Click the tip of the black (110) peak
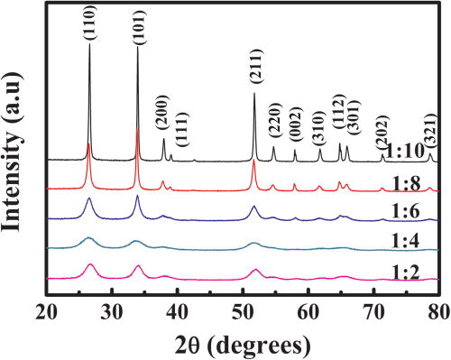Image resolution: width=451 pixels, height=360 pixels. coord(89,44)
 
